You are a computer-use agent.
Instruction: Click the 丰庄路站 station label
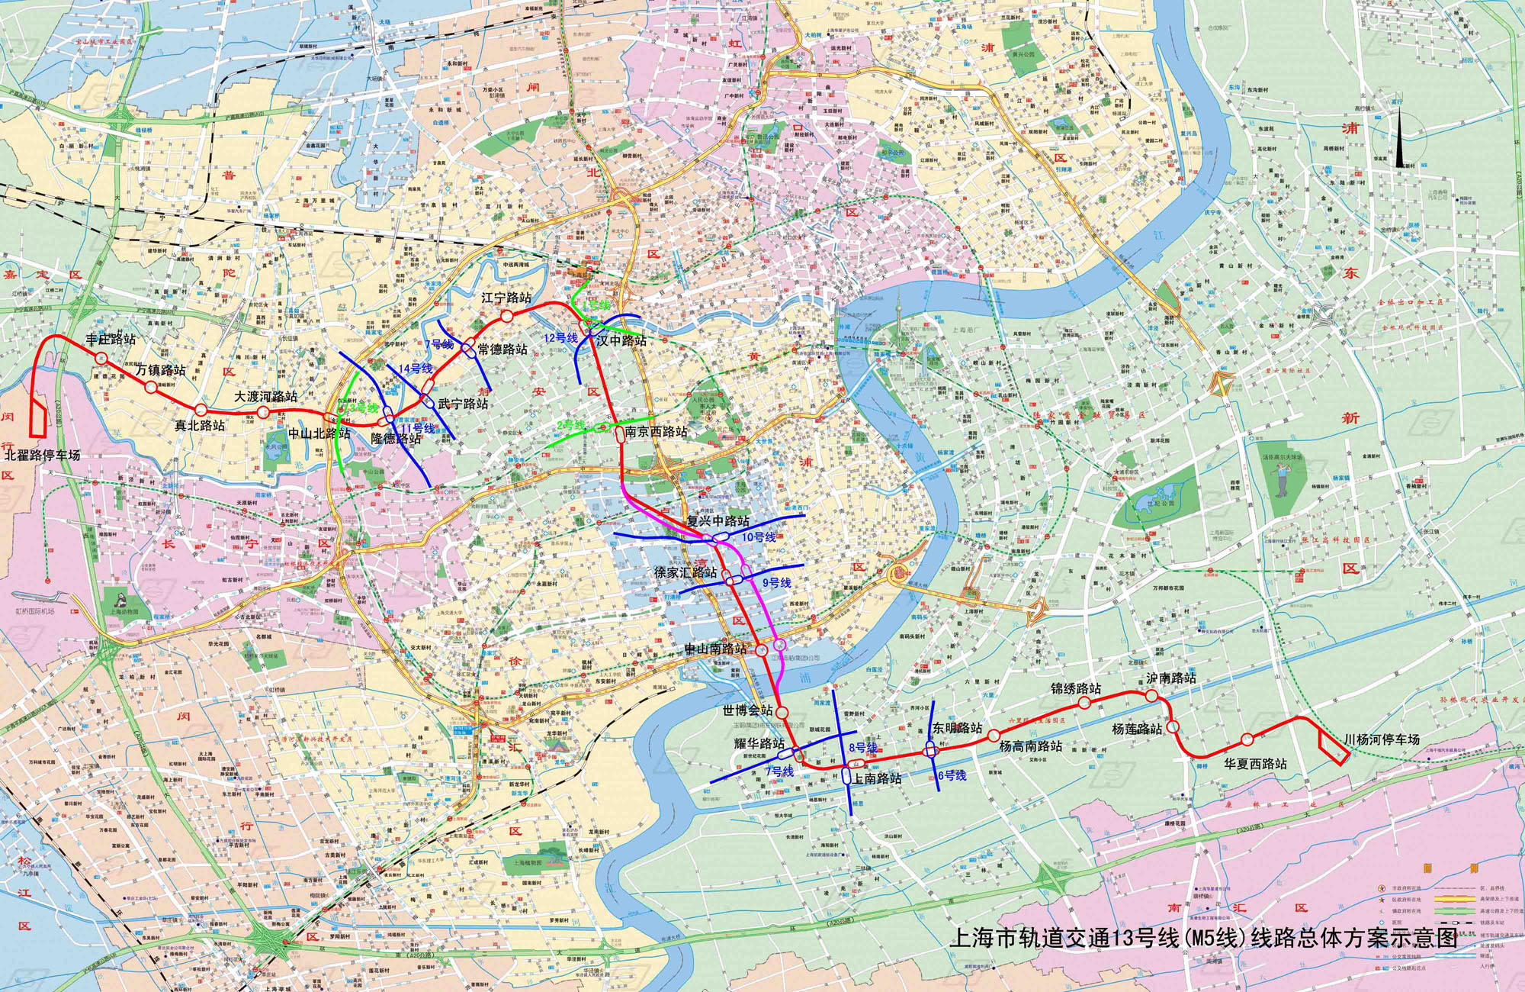(x=111, y=339)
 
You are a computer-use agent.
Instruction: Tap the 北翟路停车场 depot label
(x=42, y=455)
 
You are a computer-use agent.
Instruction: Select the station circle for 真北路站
(x=201, y=411)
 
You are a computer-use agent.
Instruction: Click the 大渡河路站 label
(x=265, y=397)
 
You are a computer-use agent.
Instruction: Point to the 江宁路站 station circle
(x=507, y=316)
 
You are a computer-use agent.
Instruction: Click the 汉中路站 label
(x=621, y=340)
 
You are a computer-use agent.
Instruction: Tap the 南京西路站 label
(x=656, y=432)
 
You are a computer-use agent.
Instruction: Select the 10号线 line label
(x=759, y=537)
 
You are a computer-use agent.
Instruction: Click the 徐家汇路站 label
(x=685, y=572)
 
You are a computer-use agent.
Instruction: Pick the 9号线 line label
(x=776, y=583)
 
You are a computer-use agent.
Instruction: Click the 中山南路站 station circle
(x=762, y=649)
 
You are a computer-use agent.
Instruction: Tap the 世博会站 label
(x=747, y=710)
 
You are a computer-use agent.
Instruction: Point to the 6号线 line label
(x=952, y=775)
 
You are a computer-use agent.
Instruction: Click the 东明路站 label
(x=957, y=728)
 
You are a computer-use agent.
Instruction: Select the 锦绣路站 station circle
(x=1084, y=702)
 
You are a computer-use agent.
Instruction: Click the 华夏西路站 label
(x=1255, y=764)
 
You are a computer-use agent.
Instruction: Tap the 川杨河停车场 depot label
(x=1382, y=739)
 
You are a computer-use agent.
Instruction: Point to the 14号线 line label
(x=416, y=369)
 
